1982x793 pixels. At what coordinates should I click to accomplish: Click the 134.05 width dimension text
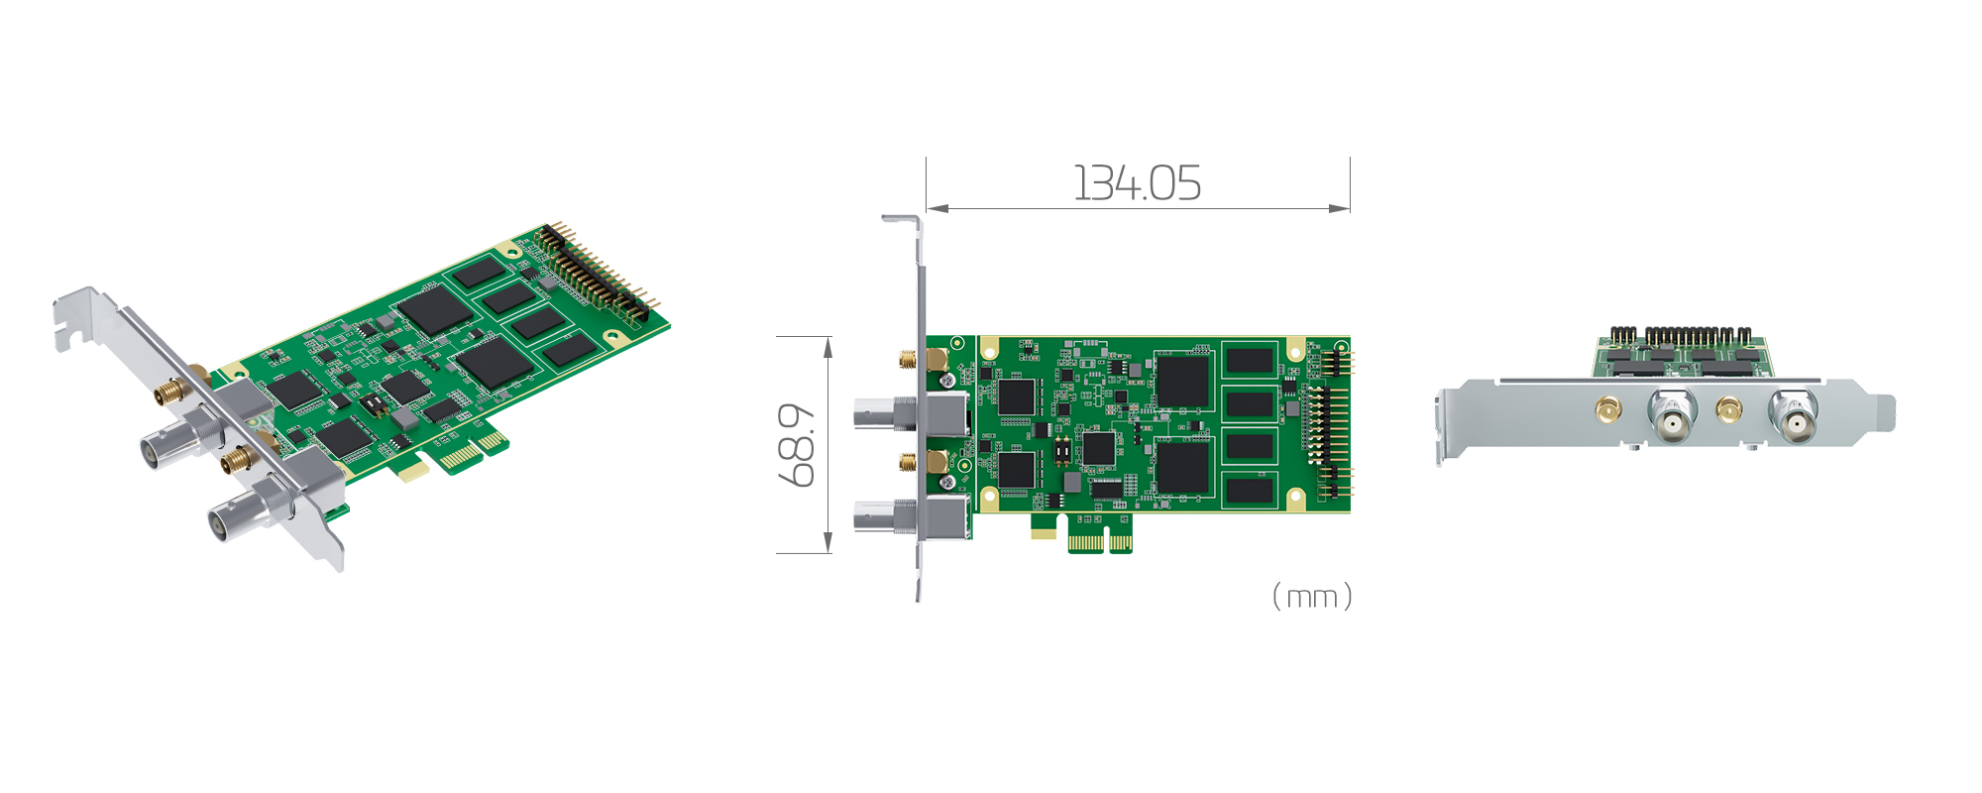pos(1137,183)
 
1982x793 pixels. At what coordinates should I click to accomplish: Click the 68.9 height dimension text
pos(798,444)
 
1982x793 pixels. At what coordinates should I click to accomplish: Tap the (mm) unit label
pos(1312,597)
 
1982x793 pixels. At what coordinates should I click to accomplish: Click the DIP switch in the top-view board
pos(1061,452)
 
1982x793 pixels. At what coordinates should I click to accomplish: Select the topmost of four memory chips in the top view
pos(1249,361)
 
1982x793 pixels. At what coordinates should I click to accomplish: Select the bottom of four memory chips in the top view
pos(1249,490)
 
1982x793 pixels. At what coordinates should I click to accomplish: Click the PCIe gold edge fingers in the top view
pos(1100,542)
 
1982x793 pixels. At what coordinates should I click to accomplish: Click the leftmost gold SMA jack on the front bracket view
pos(1607,408)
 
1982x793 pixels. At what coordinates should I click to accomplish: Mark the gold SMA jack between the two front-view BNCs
pos(1729,408)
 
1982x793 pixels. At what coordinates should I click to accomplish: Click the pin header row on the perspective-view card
pos(595,273)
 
